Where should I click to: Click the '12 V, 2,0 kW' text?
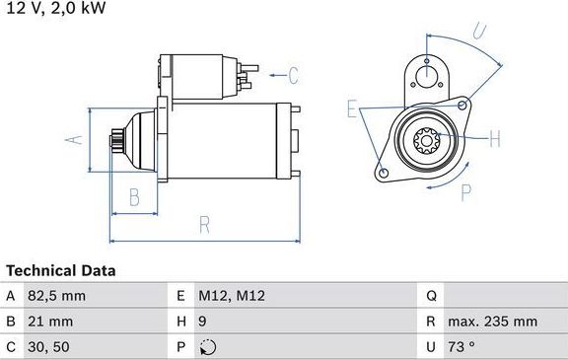pos(54,8)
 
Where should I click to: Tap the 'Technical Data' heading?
pos(61,270)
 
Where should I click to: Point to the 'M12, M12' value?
pos(233,296)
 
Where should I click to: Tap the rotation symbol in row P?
pos(206,347)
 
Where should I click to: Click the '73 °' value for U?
pos(468,347)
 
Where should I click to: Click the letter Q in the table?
pos(431,296)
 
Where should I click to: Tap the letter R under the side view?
pos(203,225)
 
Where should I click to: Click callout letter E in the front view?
pos(351,108)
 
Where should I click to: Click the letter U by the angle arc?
pos(478,30)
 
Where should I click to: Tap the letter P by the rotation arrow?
pos(466,191)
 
